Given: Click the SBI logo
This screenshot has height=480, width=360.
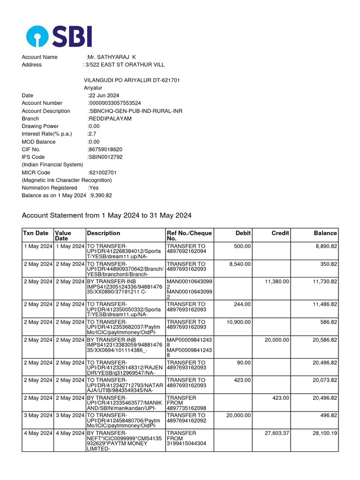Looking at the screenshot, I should [59, 36].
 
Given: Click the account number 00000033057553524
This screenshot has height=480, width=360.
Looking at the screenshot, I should [115, 103].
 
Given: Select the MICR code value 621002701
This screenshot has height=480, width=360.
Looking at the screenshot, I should [103, 172].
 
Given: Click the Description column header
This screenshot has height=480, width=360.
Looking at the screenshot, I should [104, 233].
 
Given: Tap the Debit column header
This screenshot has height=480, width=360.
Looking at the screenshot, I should [243, 233].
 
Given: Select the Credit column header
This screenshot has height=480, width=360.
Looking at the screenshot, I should [280, 233].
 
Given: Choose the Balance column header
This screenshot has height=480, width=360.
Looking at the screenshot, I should [325, 233].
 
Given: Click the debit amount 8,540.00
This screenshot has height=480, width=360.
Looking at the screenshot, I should [240, 264].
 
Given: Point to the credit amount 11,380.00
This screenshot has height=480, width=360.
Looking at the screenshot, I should [277, 281].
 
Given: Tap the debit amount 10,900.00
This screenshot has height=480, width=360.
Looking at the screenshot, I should [239, 322].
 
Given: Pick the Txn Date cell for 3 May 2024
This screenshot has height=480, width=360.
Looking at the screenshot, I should [38, 416].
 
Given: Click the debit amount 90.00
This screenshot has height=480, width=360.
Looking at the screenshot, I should [244, 362].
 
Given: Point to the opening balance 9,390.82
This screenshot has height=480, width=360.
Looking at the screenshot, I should [101, 195].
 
